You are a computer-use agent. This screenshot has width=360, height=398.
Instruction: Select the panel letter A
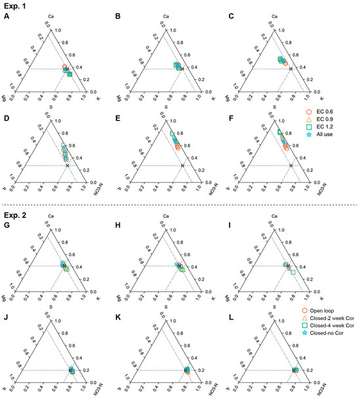[x=5, y=18]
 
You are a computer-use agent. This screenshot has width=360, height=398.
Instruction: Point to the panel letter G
[x=5, y=227]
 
